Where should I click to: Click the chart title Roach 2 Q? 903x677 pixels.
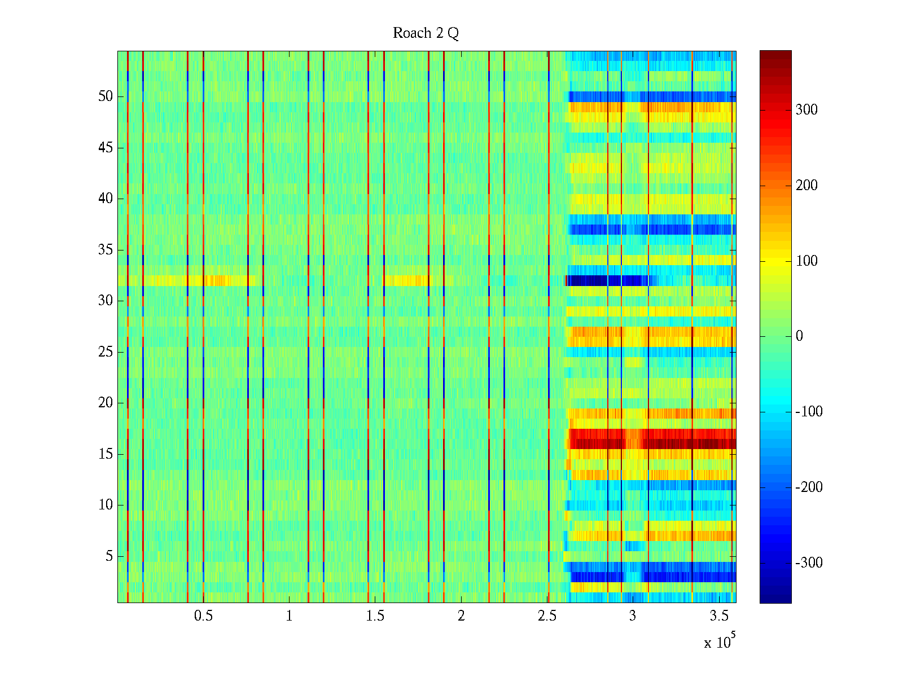(426, 33)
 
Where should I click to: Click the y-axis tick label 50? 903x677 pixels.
(106, 96)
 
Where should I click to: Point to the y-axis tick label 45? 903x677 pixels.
(106, 148)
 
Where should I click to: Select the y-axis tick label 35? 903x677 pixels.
(106, 250)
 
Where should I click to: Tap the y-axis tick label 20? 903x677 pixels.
(106, 403)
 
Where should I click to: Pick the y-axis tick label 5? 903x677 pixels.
(109, 556)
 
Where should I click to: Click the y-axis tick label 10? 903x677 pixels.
(106, 505)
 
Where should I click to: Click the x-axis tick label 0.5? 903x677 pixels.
(203, 616)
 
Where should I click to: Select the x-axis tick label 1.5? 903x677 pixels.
(375, 616)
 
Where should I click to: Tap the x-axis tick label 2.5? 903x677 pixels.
(547, 616)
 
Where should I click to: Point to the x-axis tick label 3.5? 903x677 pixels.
(719, 616)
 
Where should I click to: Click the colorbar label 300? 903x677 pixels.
(806, 110)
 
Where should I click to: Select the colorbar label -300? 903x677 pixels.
(809, 563)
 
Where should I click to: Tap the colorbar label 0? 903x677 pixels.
(799, 336)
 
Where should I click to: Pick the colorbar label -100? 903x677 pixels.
(809, 412)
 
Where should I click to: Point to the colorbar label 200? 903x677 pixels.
(806, 186)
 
